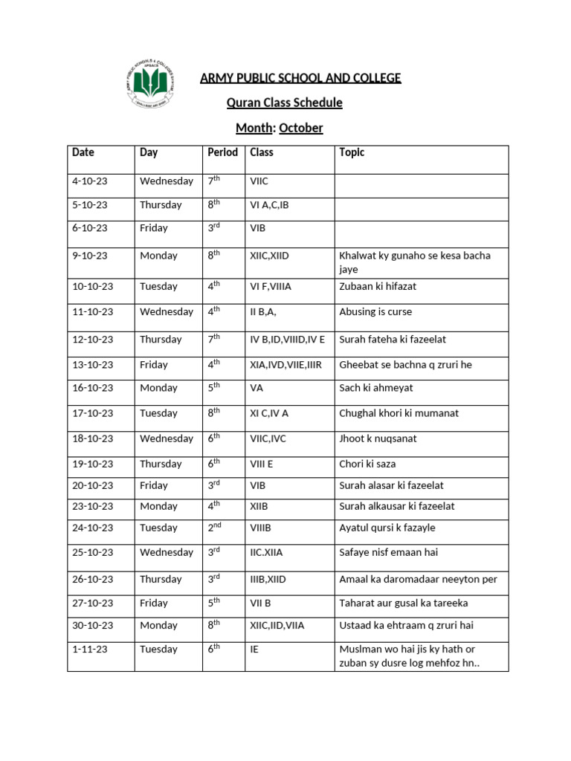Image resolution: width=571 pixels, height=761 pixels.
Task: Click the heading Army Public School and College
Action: pos(300,78)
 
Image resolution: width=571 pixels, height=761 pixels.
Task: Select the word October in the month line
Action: pos(301,128)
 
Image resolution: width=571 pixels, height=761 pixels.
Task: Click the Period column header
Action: pos(222,152)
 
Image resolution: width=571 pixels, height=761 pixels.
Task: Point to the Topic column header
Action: pos(352,152)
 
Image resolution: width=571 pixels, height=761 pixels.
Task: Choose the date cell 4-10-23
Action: pos(90,181)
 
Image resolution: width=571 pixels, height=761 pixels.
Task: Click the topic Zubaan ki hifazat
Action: pos(378,286)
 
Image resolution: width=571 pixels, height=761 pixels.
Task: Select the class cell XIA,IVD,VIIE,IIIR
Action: pos(286,365)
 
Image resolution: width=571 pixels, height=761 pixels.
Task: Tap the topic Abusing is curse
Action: pos(375,312)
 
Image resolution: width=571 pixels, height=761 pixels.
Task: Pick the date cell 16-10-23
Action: pos(93,388)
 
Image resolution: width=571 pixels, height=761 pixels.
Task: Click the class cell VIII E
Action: pos(268,464)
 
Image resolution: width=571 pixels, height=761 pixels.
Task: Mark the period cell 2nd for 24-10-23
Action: pos(215,528)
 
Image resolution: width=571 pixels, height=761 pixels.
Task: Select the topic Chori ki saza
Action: pos(367,464)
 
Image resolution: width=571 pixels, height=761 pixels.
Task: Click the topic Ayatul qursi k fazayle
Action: pos(387,528)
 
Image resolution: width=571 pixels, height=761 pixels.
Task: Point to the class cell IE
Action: pos(255,649)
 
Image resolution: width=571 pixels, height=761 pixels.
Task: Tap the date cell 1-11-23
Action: pos(90,649)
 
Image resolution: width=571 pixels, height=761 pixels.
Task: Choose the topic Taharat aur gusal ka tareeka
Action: pos(403,603)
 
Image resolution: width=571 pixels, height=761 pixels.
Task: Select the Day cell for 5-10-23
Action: pos(161,205)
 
